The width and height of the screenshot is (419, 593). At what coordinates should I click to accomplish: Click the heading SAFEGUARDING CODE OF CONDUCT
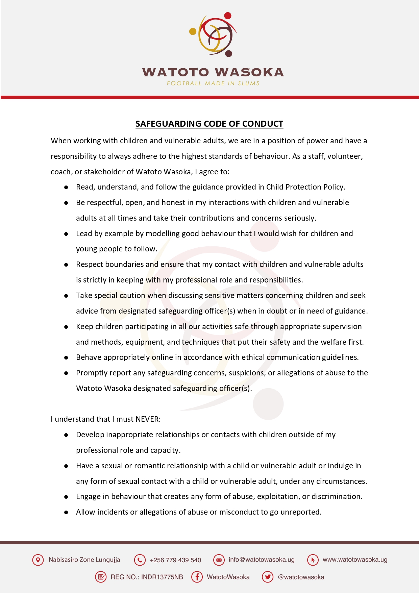(x=209, y=124)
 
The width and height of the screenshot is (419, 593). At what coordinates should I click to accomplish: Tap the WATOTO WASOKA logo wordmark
(x=213, y=72)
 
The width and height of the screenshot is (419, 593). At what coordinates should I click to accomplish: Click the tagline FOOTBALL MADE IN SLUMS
(x=213, y=83)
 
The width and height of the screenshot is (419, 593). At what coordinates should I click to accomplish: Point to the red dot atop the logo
(x=228, y=16)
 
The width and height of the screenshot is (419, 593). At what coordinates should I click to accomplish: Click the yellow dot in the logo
(x=193, y=31)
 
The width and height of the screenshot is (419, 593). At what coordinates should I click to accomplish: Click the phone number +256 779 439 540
(x=175, y=560)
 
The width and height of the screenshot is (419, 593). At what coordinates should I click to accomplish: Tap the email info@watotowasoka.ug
(x=262, y=560)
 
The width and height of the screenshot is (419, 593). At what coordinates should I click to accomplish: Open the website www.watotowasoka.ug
(x=355, y=560)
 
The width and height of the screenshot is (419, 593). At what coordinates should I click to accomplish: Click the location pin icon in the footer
(x=38, y=560)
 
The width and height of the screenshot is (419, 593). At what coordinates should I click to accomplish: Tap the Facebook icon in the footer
(x=197, y=577)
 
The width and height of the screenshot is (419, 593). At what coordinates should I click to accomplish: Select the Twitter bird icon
(x=268, y=577)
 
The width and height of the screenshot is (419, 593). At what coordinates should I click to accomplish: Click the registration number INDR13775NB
(x=162, y=577)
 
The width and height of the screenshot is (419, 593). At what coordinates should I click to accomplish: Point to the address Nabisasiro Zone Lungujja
(x=84, y=560)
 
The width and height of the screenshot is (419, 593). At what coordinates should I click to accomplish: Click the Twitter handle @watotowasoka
(x=301, y=577)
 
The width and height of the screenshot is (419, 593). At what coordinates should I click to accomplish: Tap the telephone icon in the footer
(x=140, y=560)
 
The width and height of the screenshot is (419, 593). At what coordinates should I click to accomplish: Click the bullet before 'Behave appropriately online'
(x=66, y=358)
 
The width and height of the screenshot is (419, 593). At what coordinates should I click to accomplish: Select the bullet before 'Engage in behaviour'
(x=66, y=497)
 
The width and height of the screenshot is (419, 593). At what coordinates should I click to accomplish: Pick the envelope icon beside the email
(x=219, y=560)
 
